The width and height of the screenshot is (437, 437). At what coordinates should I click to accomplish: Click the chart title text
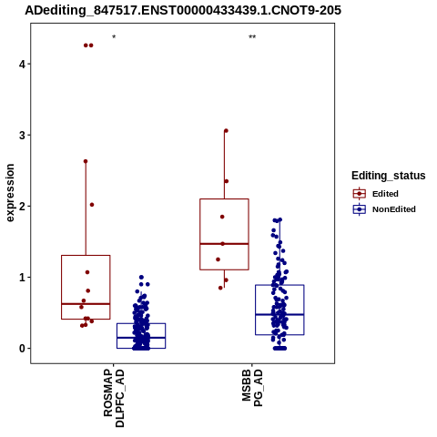point(183,10)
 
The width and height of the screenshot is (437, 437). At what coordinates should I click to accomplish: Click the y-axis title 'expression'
point(10,193)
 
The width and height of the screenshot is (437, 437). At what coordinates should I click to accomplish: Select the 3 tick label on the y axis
point(22,135)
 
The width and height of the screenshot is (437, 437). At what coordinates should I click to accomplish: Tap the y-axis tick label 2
point(22,206)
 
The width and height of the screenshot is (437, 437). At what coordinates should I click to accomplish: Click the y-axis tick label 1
point(22,278)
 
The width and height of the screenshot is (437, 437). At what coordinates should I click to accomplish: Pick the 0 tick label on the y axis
point(22,349)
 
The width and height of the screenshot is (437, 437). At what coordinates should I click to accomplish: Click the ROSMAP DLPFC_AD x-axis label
point(114,398)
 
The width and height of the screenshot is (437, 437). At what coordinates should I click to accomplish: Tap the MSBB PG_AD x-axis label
point(252,388)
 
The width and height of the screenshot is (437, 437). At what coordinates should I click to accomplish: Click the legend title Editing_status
point(389,176)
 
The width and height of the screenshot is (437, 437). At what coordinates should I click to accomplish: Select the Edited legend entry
point(375,194)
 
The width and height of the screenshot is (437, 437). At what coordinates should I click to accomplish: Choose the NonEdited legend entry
point(384,209)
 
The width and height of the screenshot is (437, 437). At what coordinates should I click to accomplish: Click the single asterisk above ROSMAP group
point(114,37)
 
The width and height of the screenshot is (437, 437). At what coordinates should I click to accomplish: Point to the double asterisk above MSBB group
point(252,37)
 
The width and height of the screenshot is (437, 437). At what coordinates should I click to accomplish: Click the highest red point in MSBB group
point(226,131)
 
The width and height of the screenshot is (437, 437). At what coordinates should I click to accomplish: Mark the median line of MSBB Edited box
point(224,244)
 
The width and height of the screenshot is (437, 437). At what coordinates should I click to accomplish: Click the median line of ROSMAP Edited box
point(86,304)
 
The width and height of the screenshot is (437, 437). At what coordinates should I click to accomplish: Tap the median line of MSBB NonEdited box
point(279,314)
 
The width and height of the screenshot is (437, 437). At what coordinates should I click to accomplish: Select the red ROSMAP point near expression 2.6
point(86,161)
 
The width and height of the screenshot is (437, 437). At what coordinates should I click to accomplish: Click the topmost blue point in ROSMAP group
point(141,278)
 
